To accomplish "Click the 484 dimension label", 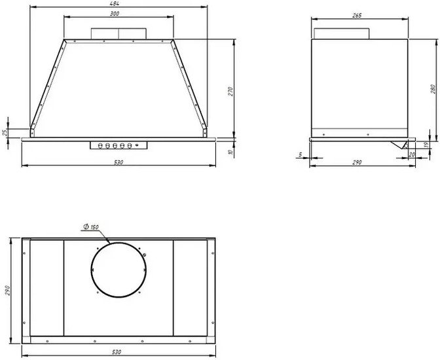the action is coord(116,3).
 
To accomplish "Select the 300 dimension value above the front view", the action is coord(115,14).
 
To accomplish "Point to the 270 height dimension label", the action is coord(230,92).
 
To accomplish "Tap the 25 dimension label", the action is coord(5,133).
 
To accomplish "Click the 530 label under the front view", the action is coord(119,162).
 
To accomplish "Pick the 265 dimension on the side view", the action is coord(357,16).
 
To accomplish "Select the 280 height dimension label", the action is coord(433,88).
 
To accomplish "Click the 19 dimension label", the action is coord(426,145).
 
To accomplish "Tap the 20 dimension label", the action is coord(412,154).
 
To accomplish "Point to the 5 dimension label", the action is coord(301,154).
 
